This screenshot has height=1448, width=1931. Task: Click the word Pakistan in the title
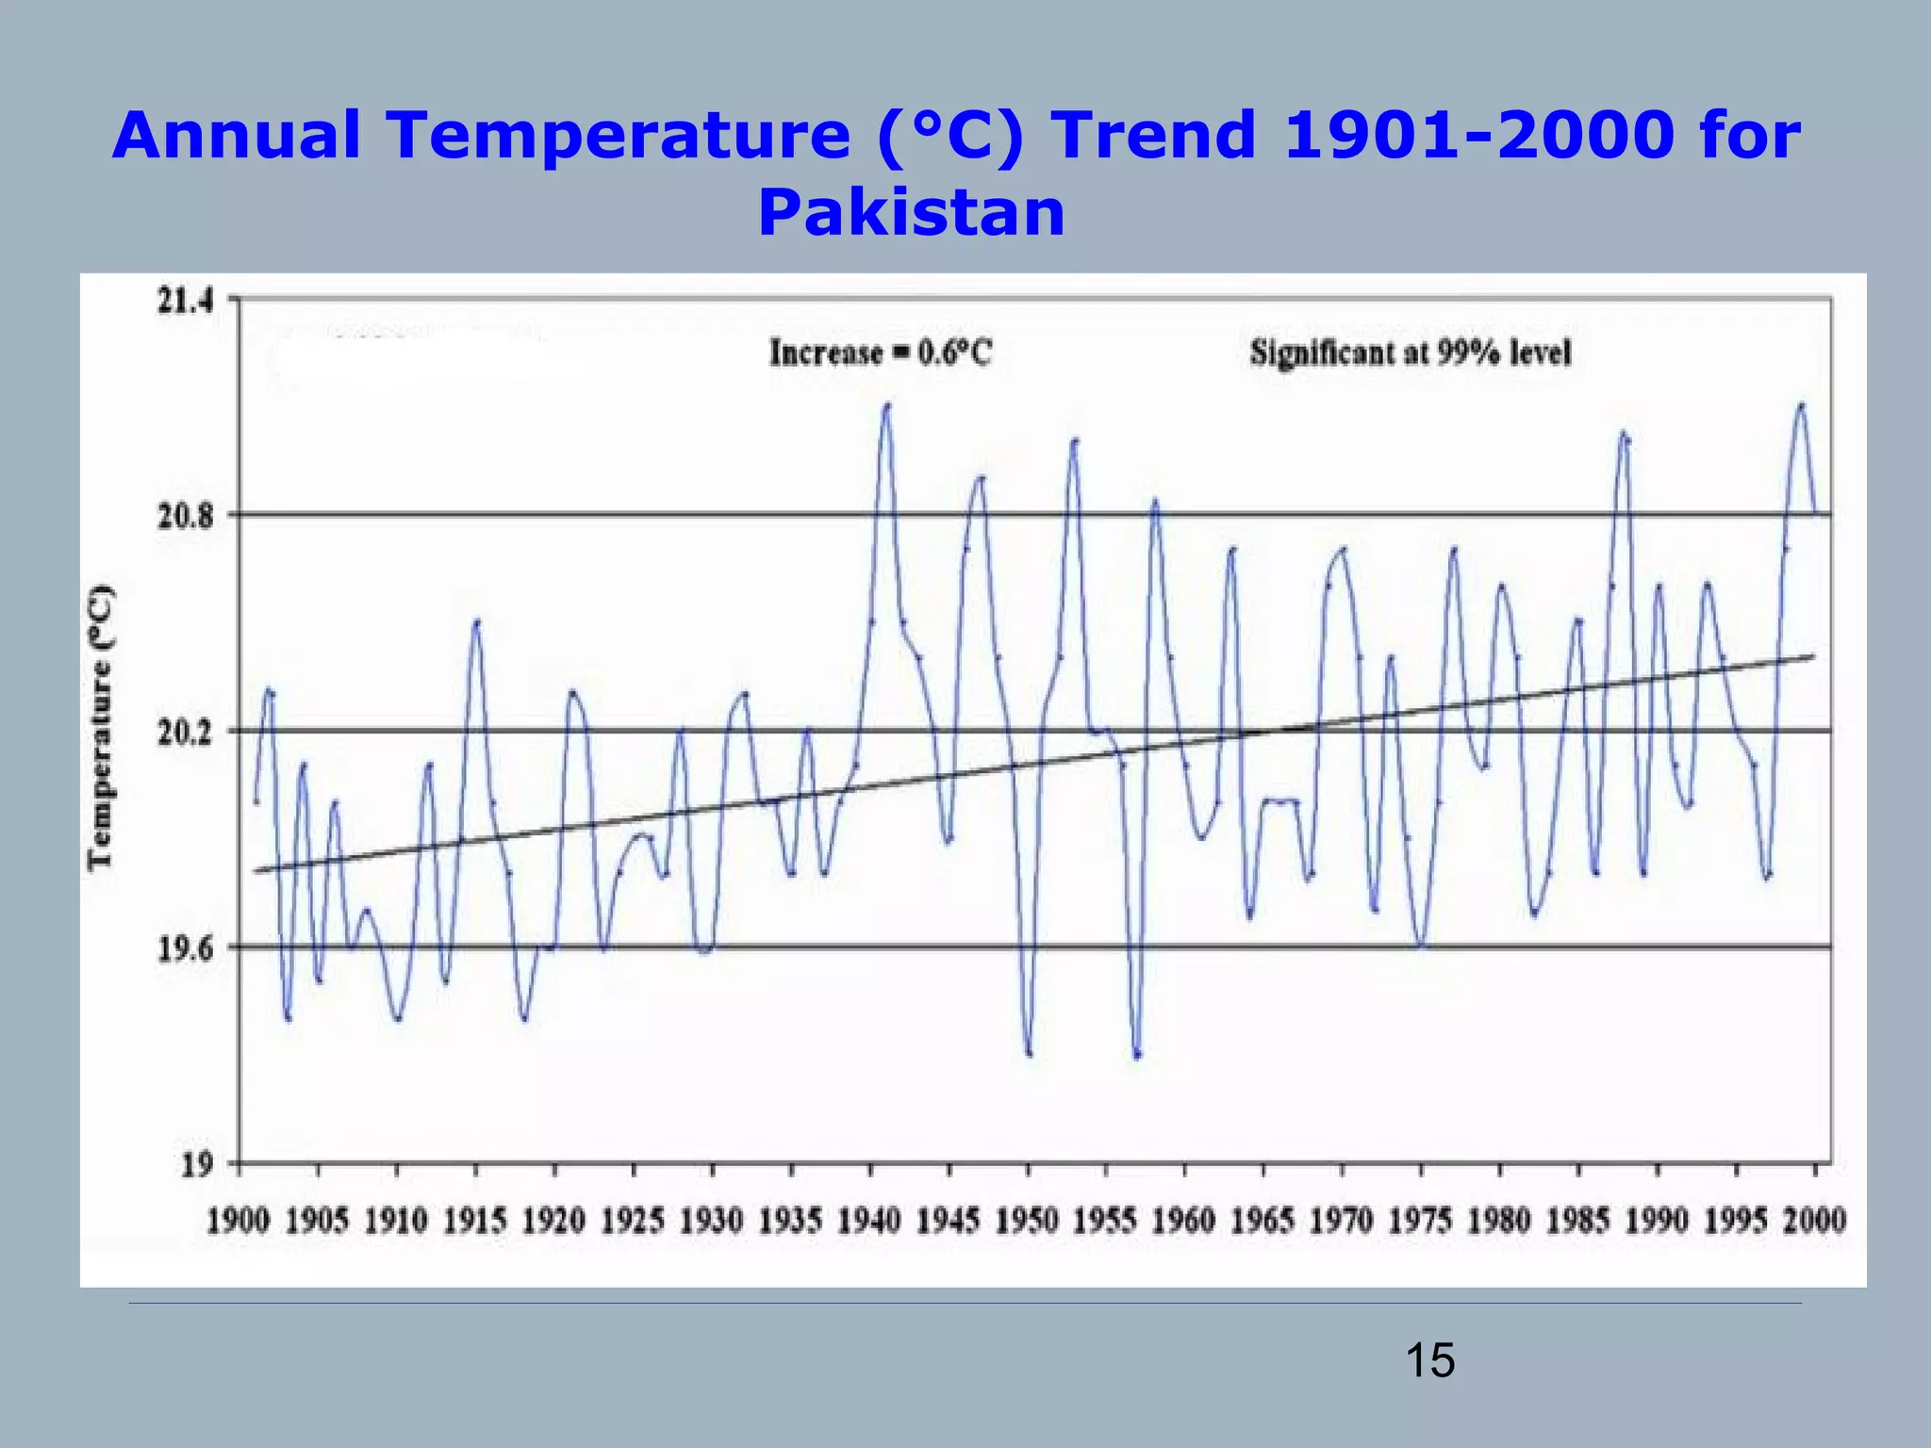point(911,213)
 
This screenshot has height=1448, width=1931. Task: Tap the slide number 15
point(1429,1361)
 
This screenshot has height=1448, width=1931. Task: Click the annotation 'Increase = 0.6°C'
point(881,354)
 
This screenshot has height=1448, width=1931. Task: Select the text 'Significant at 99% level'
point(1411,354)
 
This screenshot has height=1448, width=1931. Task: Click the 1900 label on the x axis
point(239,1222)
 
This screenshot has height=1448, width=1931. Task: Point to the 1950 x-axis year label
point(1027,1222)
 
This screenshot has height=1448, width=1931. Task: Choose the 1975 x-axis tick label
point(1420,1222)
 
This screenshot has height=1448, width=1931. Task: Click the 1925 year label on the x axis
point(633,1222)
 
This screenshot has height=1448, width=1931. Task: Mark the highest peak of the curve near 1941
point(886,405)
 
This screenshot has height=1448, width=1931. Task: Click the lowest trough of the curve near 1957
point(1137,1056)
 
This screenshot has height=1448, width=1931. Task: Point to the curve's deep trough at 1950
point(1029,1053)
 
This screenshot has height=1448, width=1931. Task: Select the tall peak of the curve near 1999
point(1801,405)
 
